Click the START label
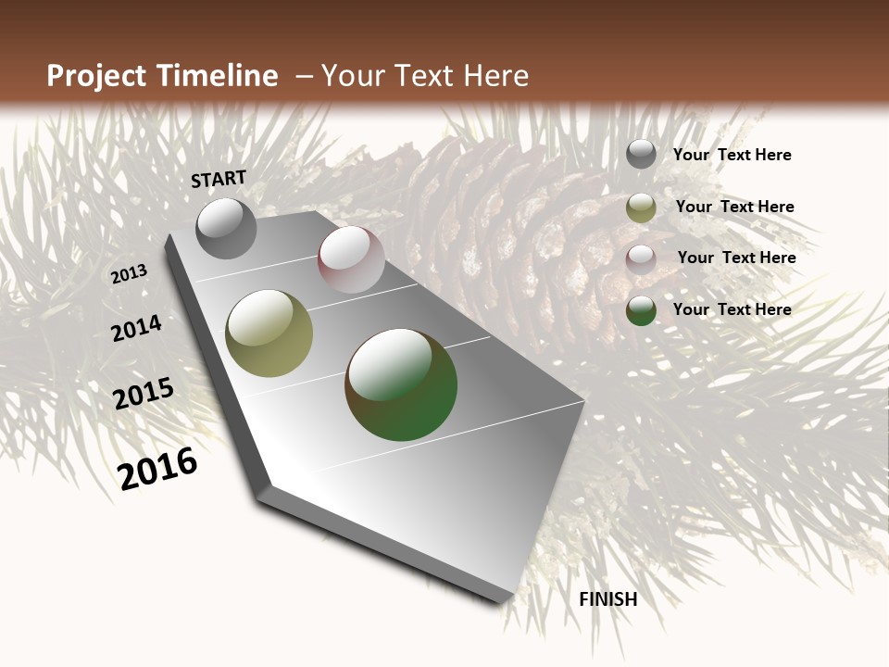[219, 179]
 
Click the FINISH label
[607, 599]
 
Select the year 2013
[129, 274]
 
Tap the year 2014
[136, 328]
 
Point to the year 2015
[144, 394]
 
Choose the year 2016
[157, 469]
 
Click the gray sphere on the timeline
[226, 228]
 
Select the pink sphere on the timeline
[351, 259]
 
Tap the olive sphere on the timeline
[269, 333]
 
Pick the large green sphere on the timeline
[401, 384]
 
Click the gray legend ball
[641, 154]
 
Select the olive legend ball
[641, 208]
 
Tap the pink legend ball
[641, 259]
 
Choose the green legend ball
[641, 311]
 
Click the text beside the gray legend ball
[732, 156]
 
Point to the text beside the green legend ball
[732, 309]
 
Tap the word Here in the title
[497, 76]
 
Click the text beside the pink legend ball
[736, 258]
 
